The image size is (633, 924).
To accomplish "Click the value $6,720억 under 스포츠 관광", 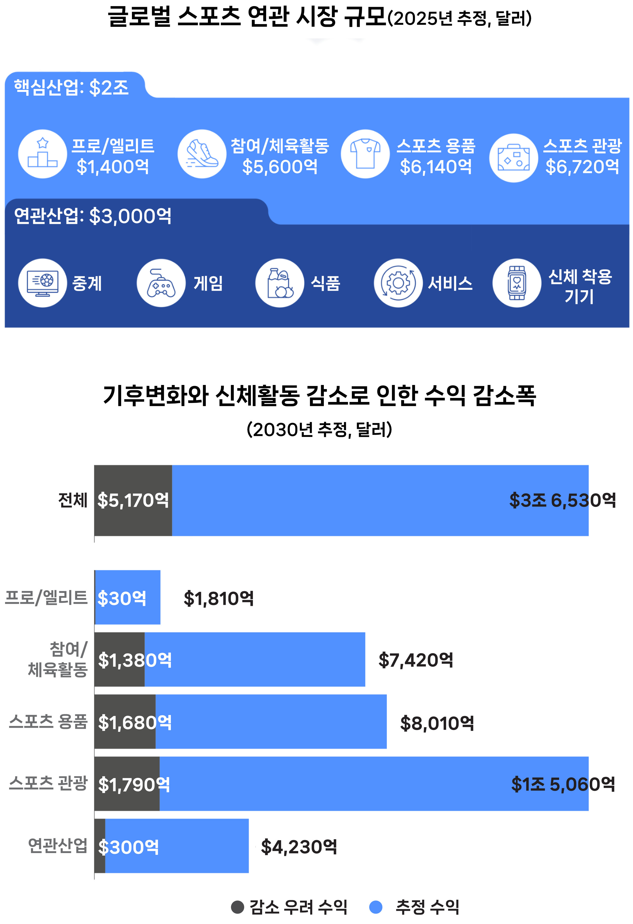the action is pyautogui.click(x=582, y=167).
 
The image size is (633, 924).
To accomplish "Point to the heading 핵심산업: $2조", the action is pyautogui.click(x=71, y=87).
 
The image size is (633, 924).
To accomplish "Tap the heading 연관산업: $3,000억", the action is pyautogui.click(x=93, y=216).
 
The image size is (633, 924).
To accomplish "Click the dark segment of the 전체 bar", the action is pyautogui.click(x=133, y=500).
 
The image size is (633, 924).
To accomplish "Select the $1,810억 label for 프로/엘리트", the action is pyautogui.click(x=219, y=598).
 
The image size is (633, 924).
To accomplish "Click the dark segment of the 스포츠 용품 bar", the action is pyautogui.click(x=125, y=722).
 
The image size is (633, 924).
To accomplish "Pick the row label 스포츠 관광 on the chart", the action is pyautogui.click(x=48, y=783).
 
